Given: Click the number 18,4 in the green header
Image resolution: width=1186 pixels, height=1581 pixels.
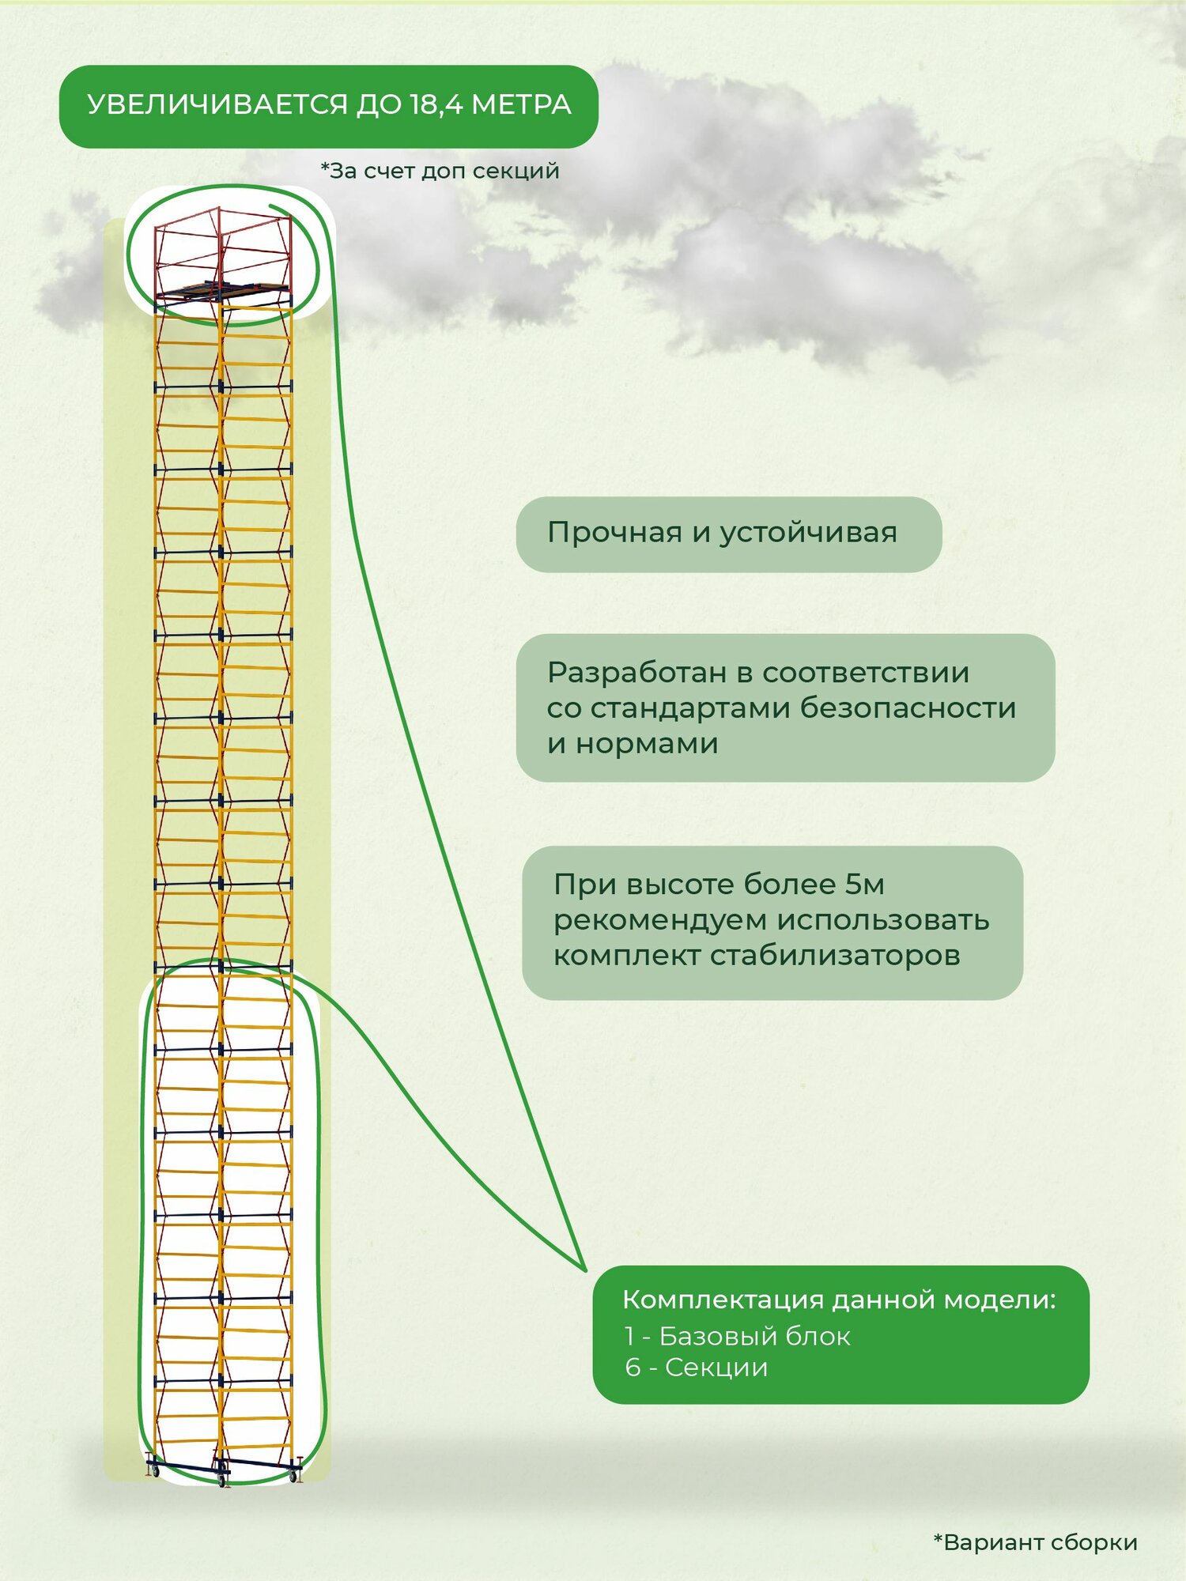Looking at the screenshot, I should [x=435, y=105].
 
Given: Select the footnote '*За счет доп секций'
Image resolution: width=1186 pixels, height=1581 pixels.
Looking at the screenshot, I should [x=440, y=171].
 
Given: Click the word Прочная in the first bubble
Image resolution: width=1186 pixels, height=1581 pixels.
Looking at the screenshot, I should [x=614, y=533].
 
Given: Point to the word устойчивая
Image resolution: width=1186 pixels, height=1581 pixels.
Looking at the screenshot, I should [x=808, y=534].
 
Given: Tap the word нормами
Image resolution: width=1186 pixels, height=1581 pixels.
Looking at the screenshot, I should [x=647, y=744].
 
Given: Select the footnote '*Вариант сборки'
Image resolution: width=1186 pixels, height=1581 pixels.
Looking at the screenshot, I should [x=1035, y=1542].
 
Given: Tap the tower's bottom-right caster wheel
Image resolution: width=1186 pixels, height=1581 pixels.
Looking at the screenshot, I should [x=296, y=1474].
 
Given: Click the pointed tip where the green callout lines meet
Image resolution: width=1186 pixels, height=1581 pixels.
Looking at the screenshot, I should [x=585, y=1270].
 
